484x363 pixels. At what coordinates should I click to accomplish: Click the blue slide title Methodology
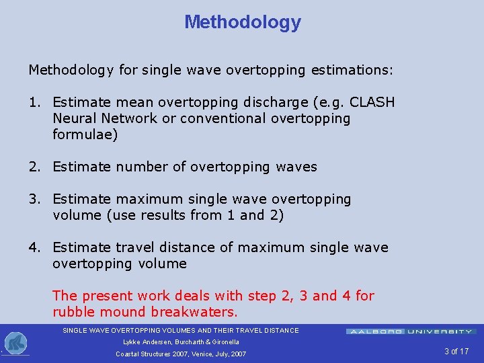[x=243, y=22]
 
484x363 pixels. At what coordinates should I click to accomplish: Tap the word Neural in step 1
[x=75, y=118]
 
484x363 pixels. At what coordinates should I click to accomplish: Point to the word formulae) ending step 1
[x=85, y=134]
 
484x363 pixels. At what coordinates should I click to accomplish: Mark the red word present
[x=108, y=296]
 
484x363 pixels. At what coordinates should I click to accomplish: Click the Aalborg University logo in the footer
[x=411, y=331]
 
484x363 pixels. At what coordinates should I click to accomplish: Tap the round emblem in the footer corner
[x=15, y=344]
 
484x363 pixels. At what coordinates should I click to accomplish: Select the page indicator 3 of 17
[x=456, y=352]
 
